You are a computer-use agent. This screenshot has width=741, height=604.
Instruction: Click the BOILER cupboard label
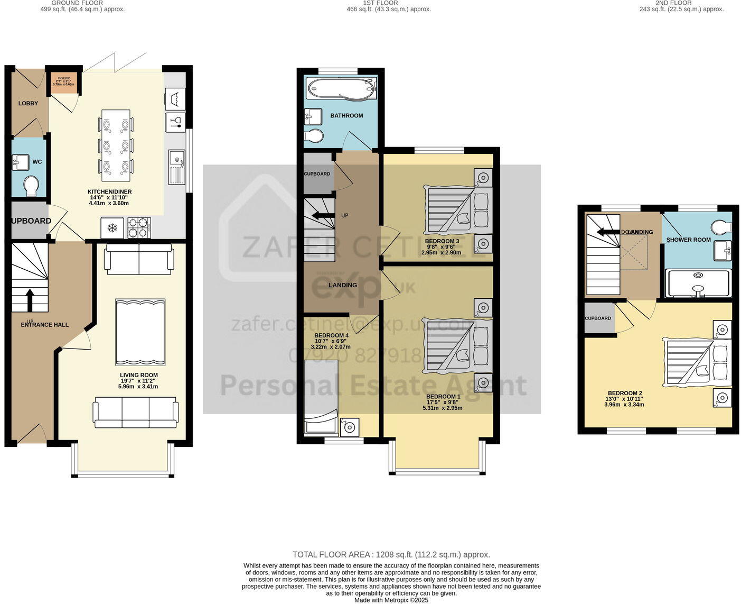point(64,78)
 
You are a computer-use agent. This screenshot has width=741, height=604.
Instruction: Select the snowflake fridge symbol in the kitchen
point(112,228)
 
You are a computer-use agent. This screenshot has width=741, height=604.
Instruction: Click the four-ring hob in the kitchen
point(138,228)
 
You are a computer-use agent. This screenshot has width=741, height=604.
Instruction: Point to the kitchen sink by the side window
point(176,167)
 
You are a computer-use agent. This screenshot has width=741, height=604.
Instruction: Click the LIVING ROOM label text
point(139,375)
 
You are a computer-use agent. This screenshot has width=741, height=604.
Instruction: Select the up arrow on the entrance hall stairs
point(29,299)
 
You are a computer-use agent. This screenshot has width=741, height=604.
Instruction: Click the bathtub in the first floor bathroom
point(340,88)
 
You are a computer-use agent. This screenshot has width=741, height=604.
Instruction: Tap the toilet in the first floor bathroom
point(314,136)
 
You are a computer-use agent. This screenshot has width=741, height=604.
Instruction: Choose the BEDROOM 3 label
point(442,241)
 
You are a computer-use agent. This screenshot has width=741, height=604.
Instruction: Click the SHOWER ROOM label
point(688,240)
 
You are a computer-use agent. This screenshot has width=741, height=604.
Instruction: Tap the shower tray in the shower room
point(698,283)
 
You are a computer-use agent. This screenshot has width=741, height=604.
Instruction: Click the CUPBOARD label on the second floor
point(597,318)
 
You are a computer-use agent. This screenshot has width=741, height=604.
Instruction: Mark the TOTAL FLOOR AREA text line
point(391,554)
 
